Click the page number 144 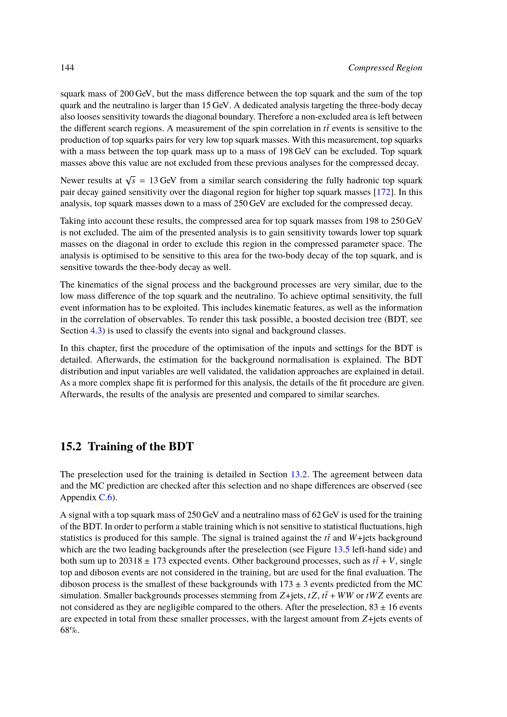(x=67, y=68)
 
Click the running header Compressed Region (x=385, y=68)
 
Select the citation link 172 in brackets (x=384, y=192)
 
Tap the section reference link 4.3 (x=96, y=331)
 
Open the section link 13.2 (x=299, y=474)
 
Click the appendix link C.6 (x=105, y=498)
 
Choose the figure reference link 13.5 (x=341, y=549)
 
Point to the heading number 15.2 (x=71, y=447)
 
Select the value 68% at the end (x=69, y=630)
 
